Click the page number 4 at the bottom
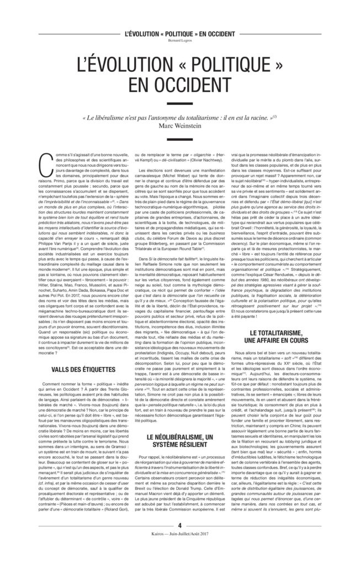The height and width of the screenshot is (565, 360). point(179,540)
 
